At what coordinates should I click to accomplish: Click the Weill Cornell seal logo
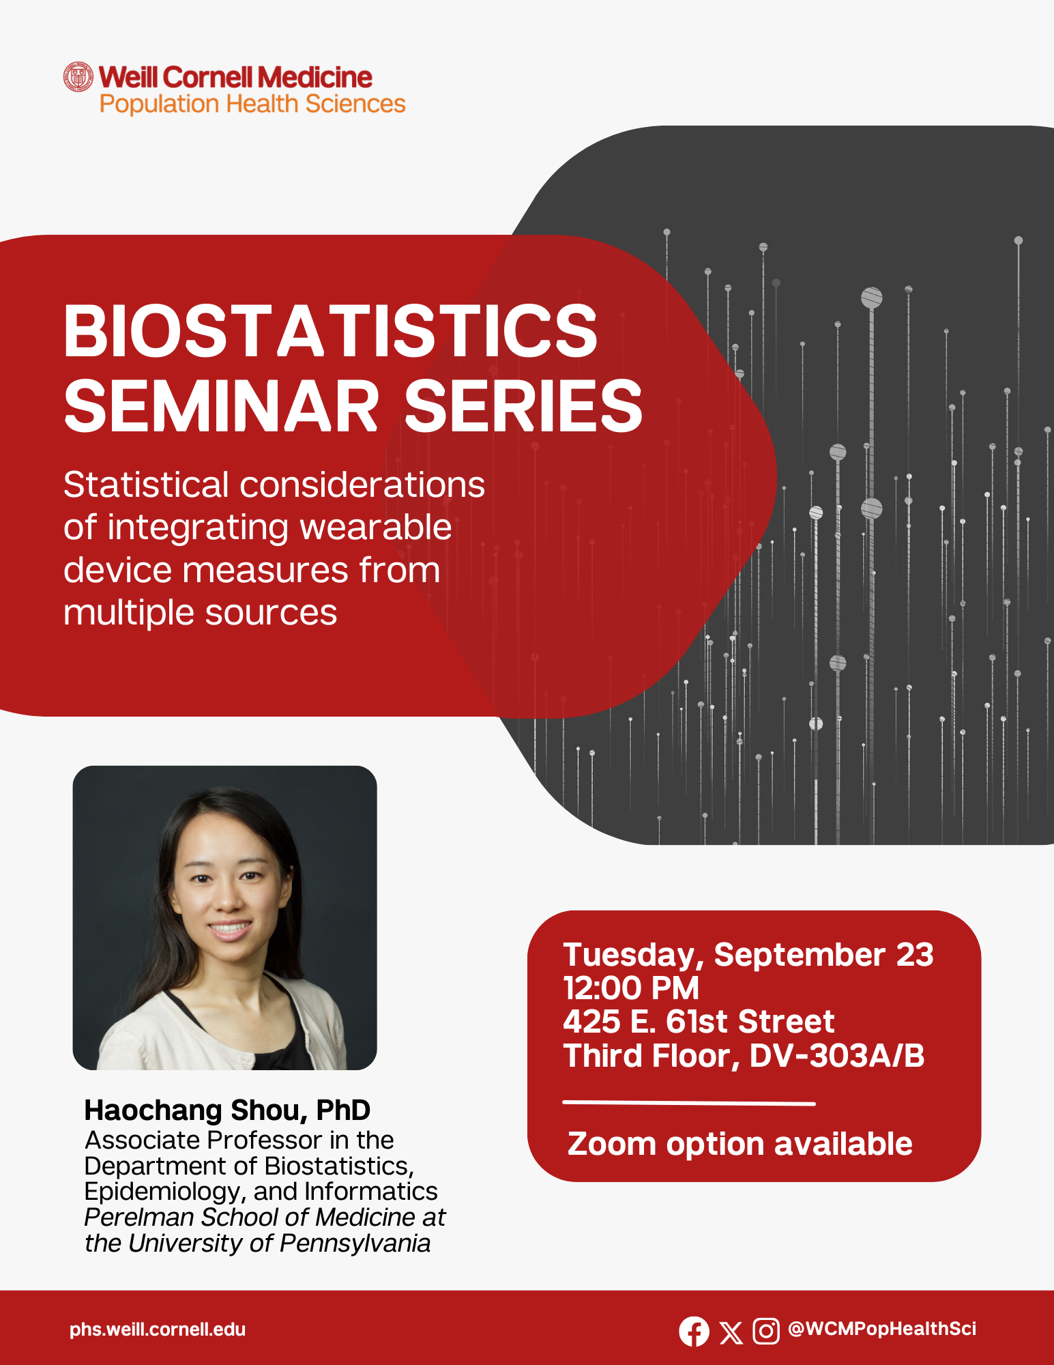tap(78, 77)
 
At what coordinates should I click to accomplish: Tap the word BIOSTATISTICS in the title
tap(331, 331)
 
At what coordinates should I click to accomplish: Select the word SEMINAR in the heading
tap(221, 407)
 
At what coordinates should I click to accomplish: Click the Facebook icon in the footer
tap(694, 1331)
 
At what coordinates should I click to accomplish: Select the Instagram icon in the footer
tap(766, 1331)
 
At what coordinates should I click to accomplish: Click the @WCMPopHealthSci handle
tap(882, 1329)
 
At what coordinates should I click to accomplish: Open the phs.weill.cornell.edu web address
tap(158, 1330)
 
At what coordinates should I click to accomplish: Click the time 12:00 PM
tap(631, 988)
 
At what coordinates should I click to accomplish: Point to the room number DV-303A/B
tap(837, 1055)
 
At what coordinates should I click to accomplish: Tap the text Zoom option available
tap(740, 1144)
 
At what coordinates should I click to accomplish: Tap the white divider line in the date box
tap(689, 1103)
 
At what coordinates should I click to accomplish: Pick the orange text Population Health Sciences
tap(252, 104)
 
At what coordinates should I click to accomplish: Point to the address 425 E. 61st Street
tap(699, 1022)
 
